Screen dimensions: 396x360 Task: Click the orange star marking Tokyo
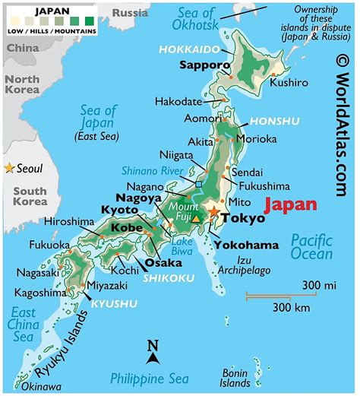(x=215, y=213)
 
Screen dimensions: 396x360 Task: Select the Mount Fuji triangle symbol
(x=197, y=219)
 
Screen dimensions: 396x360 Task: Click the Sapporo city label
(x=204, y=65)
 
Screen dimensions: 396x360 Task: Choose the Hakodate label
(x=179, y=101)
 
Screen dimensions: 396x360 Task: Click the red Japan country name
(x=290, y=204)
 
